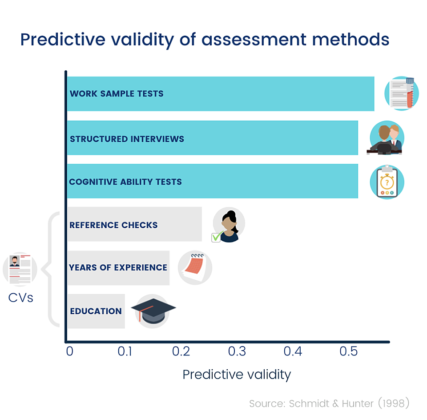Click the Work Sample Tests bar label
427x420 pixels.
click(x=117, y=94)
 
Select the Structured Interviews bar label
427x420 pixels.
click(x=127, y=139)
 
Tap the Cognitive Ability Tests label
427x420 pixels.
click(x=125, y=182)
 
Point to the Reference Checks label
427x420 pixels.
click(x=113, y=225)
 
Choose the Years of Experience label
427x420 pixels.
click(x=118, y=267)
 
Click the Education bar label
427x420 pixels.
click(x=96, y=311)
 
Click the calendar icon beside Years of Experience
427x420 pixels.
click(x=195, y=267)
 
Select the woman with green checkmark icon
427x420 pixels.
click(x=228, y=225)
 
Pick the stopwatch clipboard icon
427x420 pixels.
click(x=387, y=182)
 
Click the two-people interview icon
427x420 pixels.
click(x=386, y=138)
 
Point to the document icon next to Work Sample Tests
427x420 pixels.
click(x=401, y=93)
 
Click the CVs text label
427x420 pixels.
click(x=21, y=297)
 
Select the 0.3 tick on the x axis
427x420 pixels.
click(x=237, y=351)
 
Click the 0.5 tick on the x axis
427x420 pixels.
click(x=348, y=351)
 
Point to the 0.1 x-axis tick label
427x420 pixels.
click(x=125, y=351)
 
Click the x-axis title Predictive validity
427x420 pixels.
click(x=237, y=374)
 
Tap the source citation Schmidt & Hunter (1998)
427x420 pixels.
click(x=329, y=404)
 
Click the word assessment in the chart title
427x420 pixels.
click(x=254, y=40)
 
